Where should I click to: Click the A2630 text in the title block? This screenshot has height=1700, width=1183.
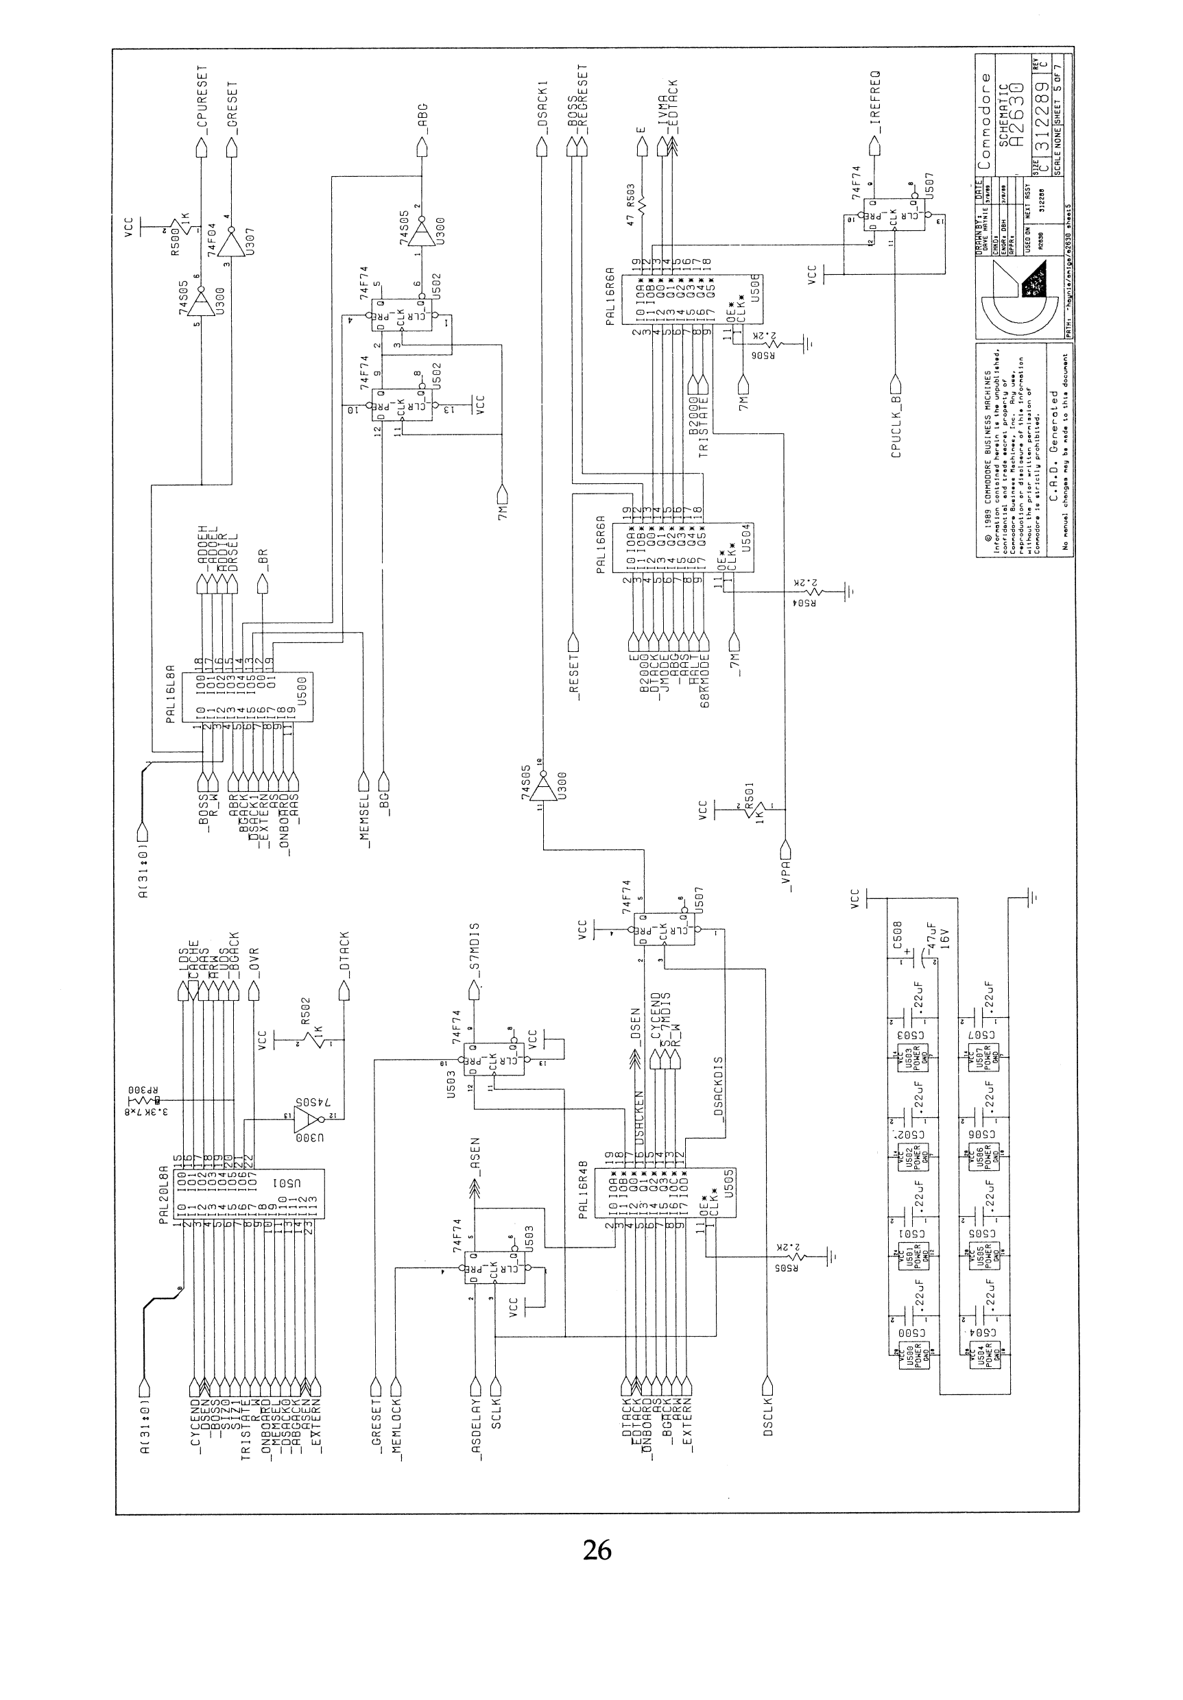1018,111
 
